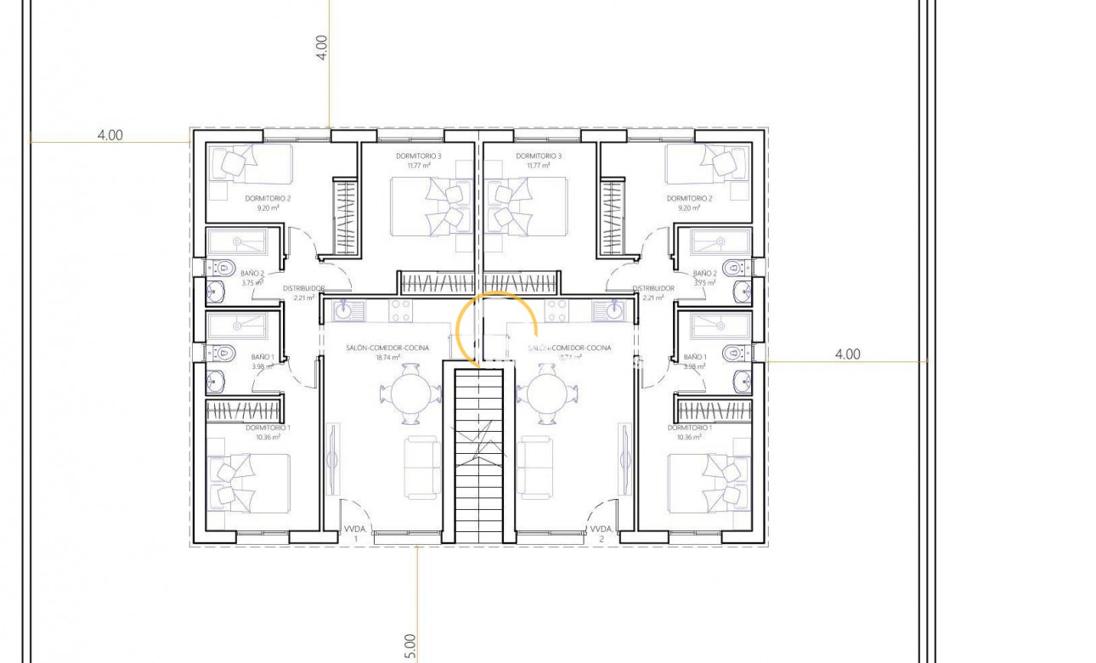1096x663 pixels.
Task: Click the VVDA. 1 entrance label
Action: (354, 533)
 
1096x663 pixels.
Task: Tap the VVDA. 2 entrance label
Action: (602, 533)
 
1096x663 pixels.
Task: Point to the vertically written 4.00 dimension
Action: (321, 47)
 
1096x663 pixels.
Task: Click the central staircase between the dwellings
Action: (479, 455)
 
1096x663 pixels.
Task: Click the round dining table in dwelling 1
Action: (411, 394)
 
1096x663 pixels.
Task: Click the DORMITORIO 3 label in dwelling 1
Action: (418, 156)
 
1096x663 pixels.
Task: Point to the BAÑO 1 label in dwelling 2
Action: (694, 357)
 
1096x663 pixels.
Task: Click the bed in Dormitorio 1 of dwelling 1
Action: (249, 483)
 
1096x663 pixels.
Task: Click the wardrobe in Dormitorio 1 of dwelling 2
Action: (714, 411)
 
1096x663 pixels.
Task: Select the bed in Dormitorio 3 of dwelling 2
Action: (527, 205)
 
